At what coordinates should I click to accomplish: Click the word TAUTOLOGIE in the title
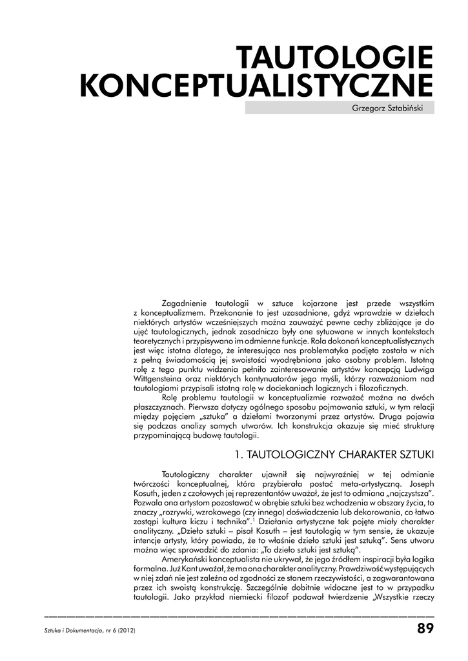tap(335, 58)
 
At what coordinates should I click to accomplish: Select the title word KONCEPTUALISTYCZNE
tap(256, 86)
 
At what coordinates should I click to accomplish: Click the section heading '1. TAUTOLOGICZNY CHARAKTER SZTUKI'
tap(334, 454)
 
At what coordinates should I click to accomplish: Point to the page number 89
tap(425, 628)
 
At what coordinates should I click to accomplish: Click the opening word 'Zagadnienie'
tap(183, 303)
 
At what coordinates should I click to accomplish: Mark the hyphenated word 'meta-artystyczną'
tap(366, 483)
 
